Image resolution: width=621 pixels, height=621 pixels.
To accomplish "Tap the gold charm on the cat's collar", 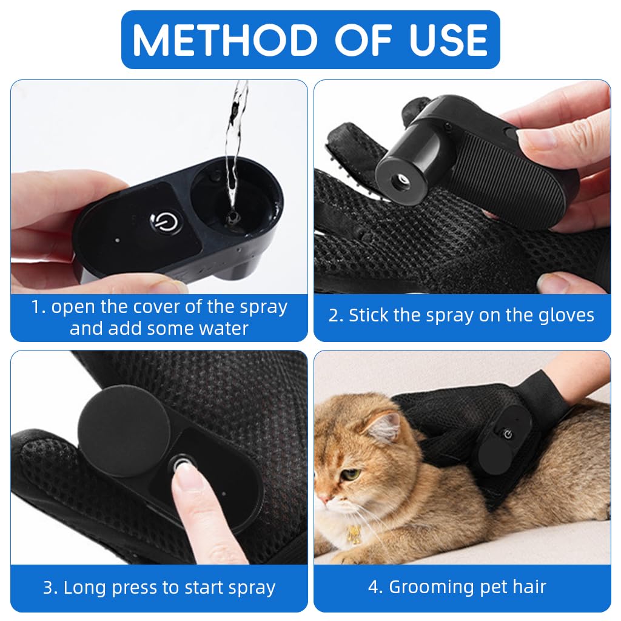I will [354, 533].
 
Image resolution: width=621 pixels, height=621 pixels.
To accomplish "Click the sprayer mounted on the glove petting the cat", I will [498, 443].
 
